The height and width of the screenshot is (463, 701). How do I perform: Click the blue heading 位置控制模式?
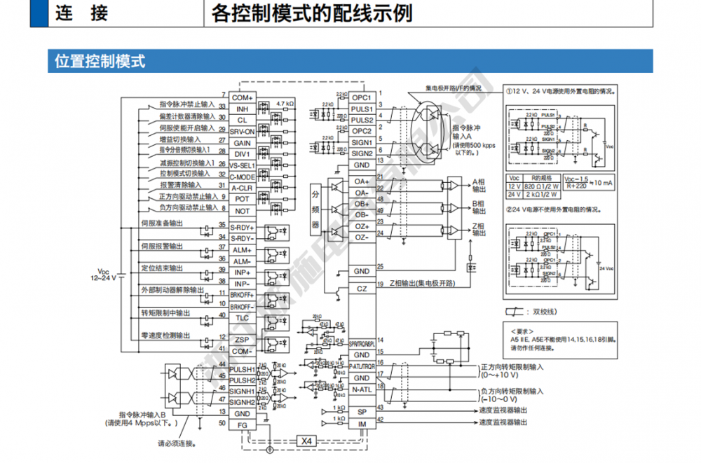100,60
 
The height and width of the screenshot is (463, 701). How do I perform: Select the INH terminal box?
243,109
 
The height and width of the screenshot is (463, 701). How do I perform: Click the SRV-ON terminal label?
243,132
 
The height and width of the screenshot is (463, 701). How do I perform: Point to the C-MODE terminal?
243,177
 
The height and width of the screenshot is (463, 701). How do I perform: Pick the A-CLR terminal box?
243,188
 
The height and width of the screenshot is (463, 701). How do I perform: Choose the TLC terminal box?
243,317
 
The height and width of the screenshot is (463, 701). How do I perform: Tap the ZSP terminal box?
243,340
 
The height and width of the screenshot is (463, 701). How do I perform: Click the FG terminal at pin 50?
243,424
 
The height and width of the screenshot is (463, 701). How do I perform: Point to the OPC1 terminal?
362,97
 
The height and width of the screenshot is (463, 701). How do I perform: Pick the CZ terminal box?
362,289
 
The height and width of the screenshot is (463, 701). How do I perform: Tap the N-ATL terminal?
362,389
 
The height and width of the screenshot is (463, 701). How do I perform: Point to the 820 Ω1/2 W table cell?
542,187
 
